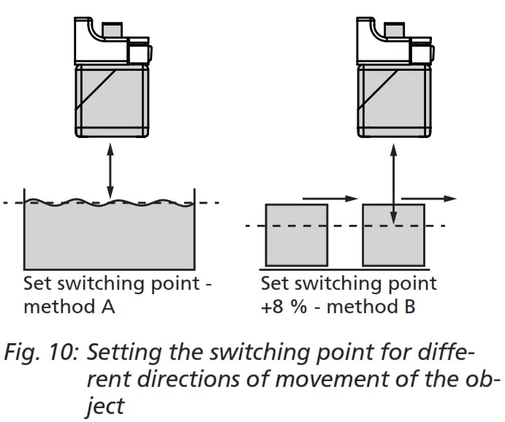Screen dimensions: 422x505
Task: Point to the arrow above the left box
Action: (x=328, y=197)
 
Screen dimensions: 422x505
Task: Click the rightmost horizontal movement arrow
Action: (x=429, y=198)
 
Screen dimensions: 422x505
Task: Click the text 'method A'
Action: (x=69, y=307)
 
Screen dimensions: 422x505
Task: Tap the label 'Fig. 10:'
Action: (x=41, y=356)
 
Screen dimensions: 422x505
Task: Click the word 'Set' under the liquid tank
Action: (x=37, y=283)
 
